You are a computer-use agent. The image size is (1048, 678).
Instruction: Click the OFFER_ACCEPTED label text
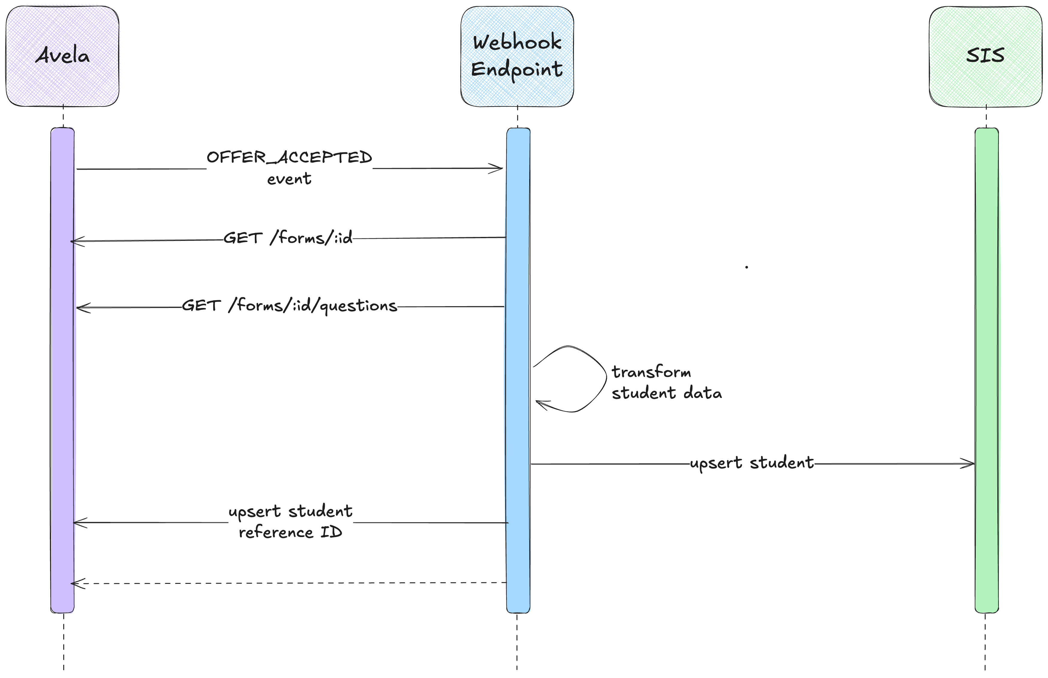(289, 157)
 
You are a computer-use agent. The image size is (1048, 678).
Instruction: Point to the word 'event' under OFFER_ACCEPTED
(289, 179)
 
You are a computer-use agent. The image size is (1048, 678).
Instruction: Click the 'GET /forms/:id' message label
(288, 238)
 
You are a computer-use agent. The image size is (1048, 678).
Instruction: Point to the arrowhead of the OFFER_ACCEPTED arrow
(497, 168)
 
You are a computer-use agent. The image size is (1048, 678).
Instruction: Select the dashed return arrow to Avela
(291, 583)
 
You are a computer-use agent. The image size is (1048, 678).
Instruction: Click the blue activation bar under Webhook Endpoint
(518, 418)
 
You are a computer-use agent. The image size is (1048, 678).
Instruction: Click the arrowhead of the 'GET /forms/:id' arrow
(76, 241)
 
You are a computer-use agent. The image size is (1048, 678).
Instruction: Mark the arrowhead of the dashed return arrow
(76, 584)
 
